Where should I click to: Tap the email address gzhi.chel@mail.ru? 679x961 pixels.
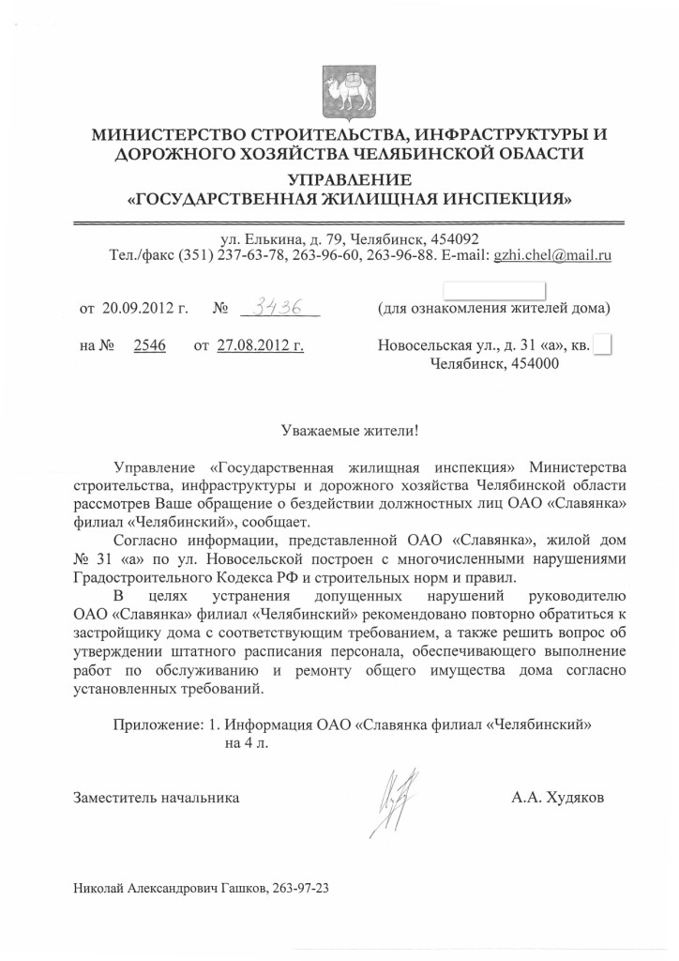click(x=552, y=255)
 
